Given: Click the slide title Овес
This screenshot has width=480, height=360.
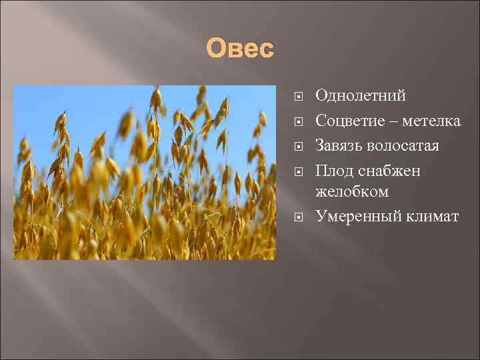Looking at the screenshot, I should click(x=240, y=49).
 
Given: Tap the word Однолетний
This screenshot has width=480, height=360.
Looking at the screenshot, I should click(x=360, y=95).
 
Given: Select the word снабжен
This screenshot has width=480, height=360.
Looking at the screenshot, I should click(x=390, y=171).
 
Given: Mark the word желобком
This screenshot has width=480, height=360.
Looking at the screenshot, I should click(x=352, y=191).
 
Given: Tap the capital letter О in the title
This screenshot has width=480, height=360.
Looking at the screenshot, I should click(x=216, y=49).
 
